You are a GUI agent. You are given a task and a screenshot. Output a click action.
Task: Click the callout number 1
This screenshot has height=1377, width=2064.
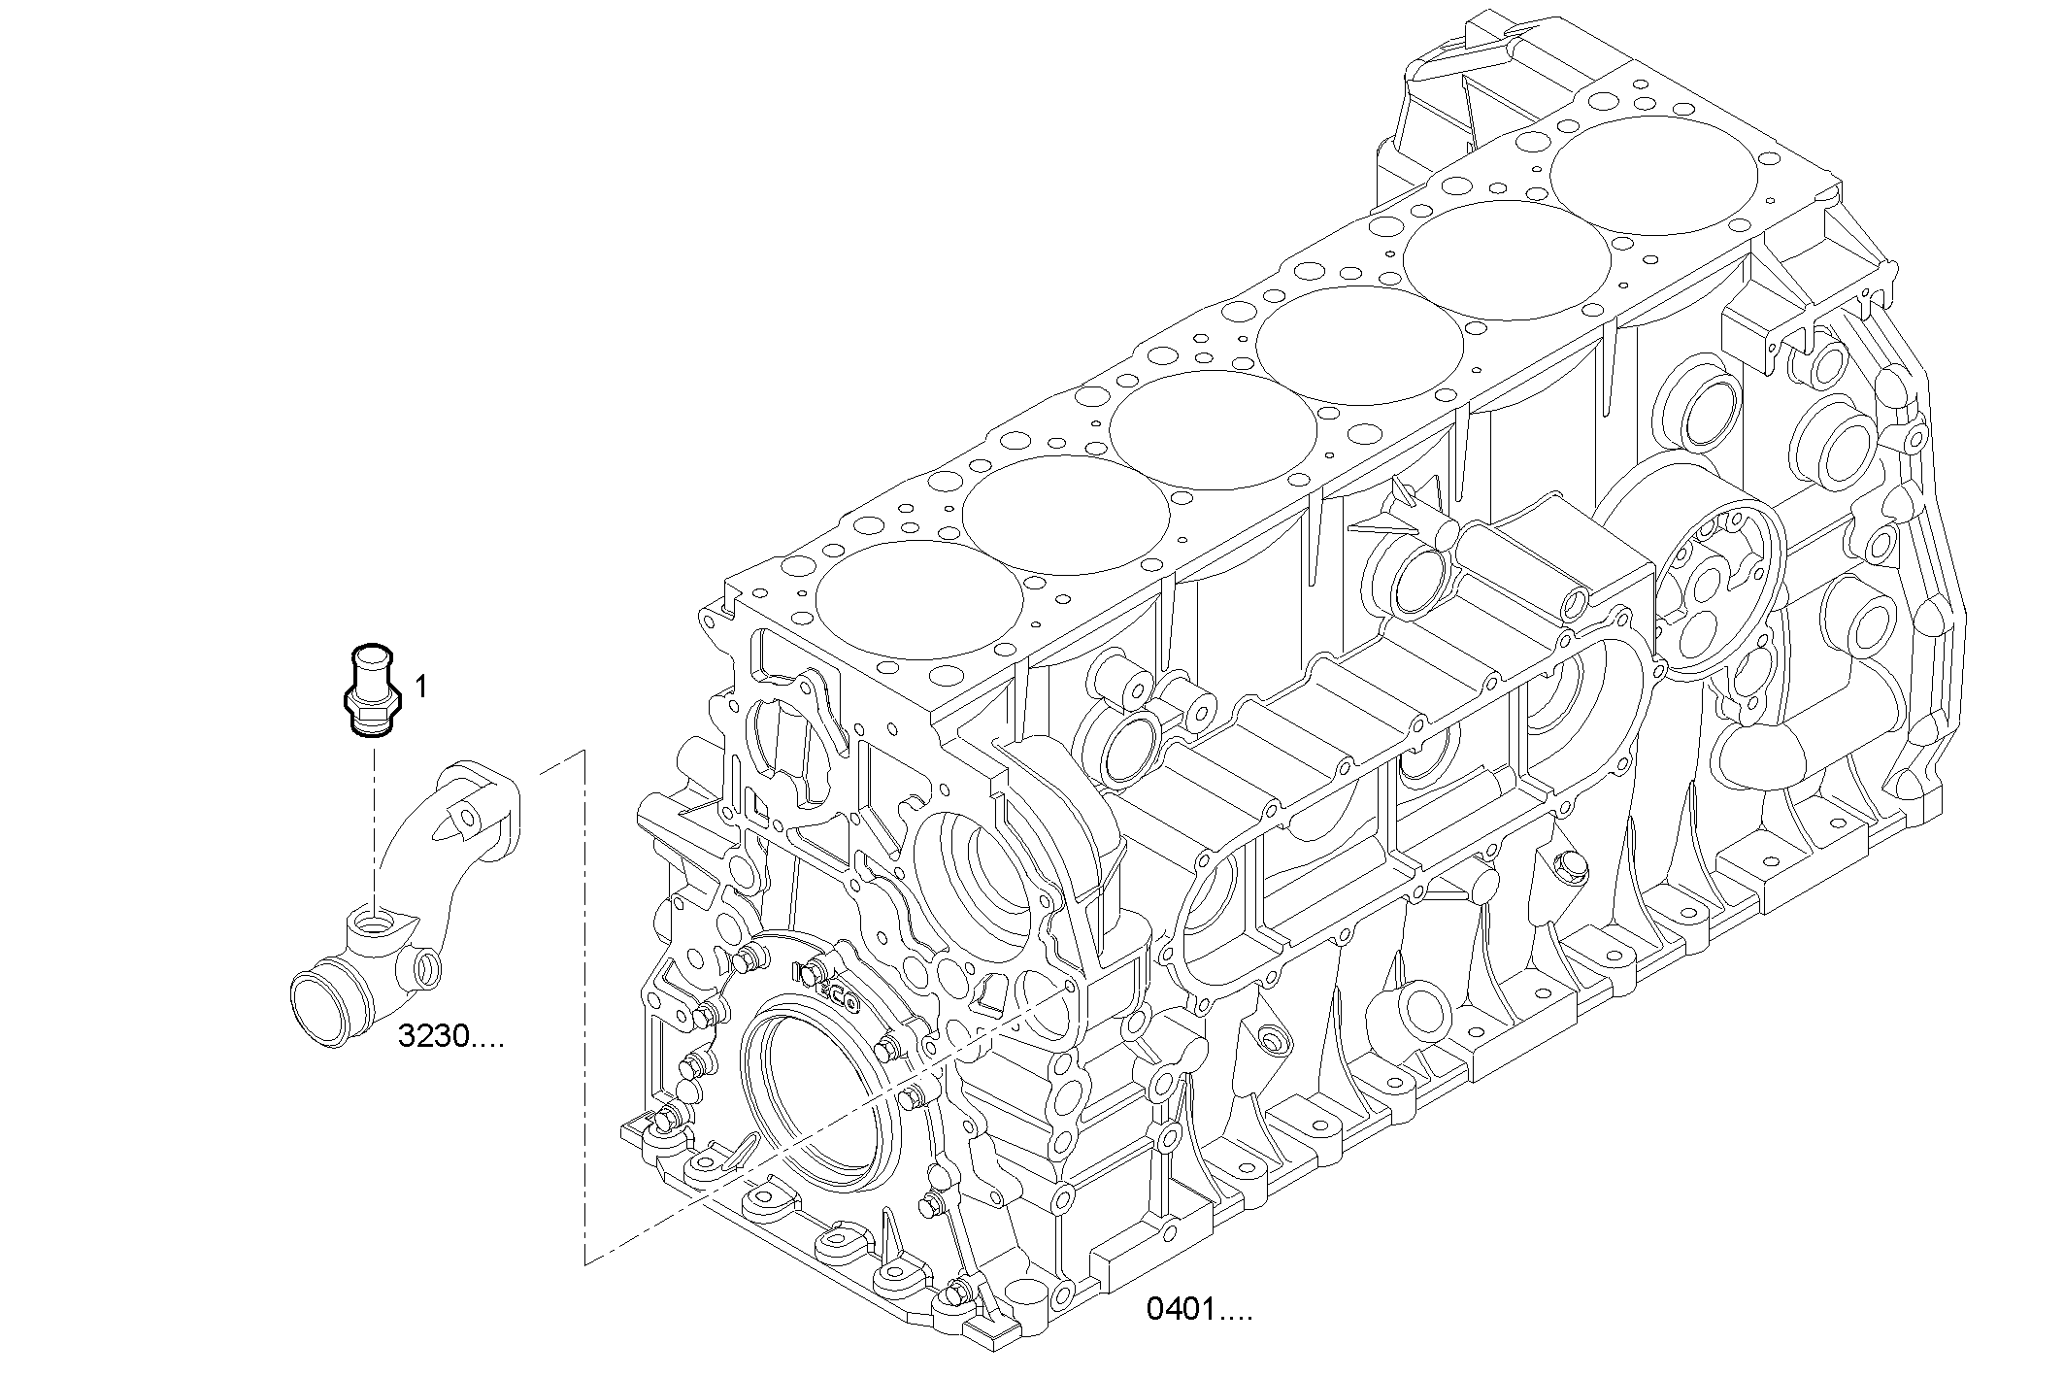420,688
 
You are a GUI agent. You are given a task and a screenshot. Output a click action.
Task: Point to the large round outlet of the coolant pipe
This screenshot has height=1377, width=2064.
322,1010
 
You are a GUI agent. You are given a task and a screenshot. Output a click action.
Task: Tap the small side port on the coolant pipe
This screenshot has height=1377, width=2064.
424,966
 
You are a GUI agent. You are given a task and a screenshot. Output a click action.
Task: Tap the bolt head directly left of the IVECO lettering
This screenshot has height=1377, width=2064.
747,960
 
